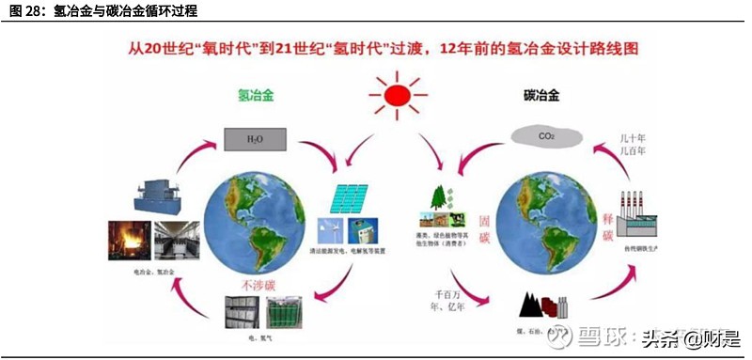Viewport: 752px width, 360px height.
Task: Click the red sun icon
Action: tap(396, 97)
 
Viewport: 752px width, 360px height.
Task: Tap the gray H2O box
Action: tap(255, 138)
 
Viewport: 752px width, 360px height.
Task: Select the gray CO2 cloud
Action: tap(546, 136)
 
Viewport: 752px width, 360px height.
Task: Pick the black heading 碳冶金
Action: tap(540, 96)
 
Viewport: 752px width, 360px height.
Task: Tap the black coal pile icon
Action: tap(539, 306)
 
